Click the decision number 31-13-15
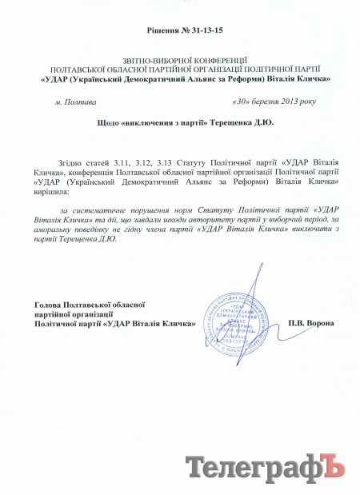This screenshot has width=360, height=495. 201,30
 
